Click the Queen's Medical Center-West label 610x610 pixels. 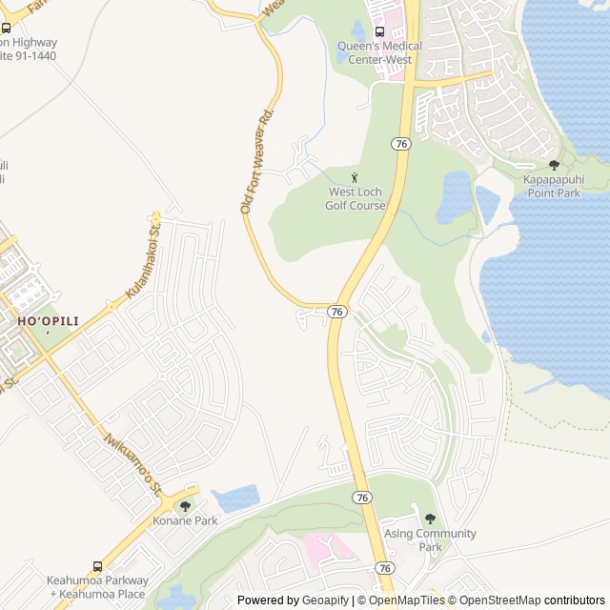[x=376, y=52]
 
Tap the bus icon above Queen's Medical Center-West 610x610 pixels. [x=380, y=31]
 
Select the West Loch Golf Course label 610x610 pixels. [x=356, y=198]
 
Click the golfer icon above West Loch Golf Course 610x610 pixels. [x=356, y=177]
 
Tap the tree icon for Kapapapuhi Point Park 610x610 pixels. [x=554, y=165]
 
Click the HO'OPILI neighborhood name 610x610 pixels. [x=48, y=322]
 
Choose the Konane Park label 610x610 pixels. [x=185, y=520]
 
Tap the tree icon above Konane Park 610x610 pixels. [x=185, y=506]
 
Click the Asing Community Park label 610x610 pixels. [x=430, y=539]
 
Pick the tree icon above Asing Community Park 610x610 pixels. [x=430, y=519]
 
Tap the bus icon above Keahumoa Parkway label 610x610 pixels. [x=98, y=566]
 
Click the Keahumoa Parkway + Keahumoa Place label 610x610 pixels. [x=99, y=587]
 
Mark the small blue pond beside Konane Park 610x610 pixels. [x=236, y=498]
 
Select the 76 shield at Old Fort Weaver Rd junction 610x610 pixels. [x=336, y=312]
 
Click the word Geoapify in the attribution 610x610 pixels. [x=326, y=600]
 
